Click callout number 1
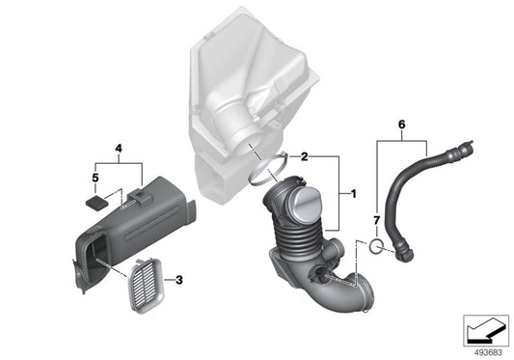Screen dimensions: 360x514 [354, 194]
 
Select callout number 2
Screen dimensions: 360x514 [305, 155]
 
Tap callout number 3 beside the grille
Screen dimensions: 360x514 [176, 280]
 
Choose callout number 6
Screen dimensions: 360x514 [401, 123]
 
